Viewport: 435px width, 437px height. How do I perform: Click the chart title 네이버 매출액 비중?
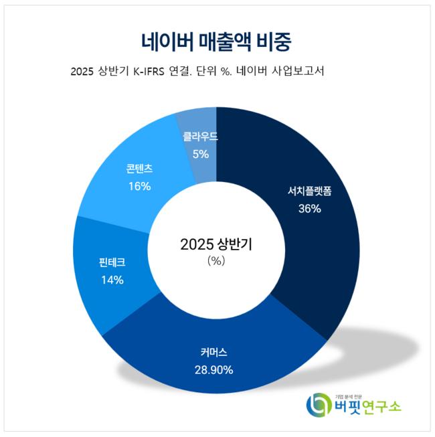point(217,41)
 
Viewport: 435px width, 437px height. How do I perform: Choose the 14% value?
point(112,280)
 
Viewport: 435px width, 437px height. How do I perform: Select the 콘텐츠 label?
point(139,169)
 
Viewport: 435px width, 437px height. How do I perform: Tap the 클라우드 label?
point(200,137)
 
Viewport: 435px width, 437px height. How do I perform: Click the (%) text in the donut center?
point(216,261)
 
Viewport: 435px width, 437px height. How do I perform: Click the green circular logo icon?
point(319,404)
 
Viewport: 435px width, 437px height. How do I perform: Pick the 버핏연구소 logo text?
point(369,407)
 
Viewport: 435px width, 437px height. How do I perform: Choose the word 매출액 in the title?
point(228,41)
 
